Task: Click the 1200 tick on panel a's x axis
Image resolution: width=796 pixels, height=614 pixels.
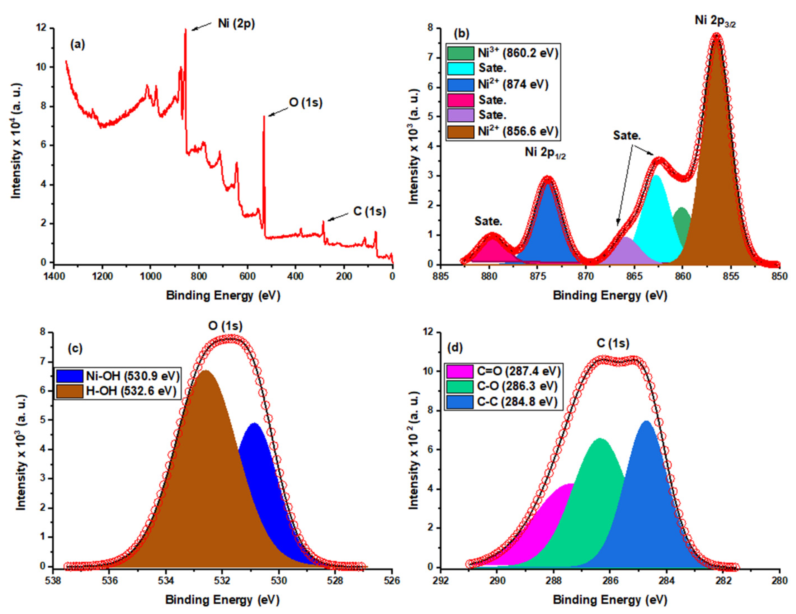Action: [102, 276]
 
